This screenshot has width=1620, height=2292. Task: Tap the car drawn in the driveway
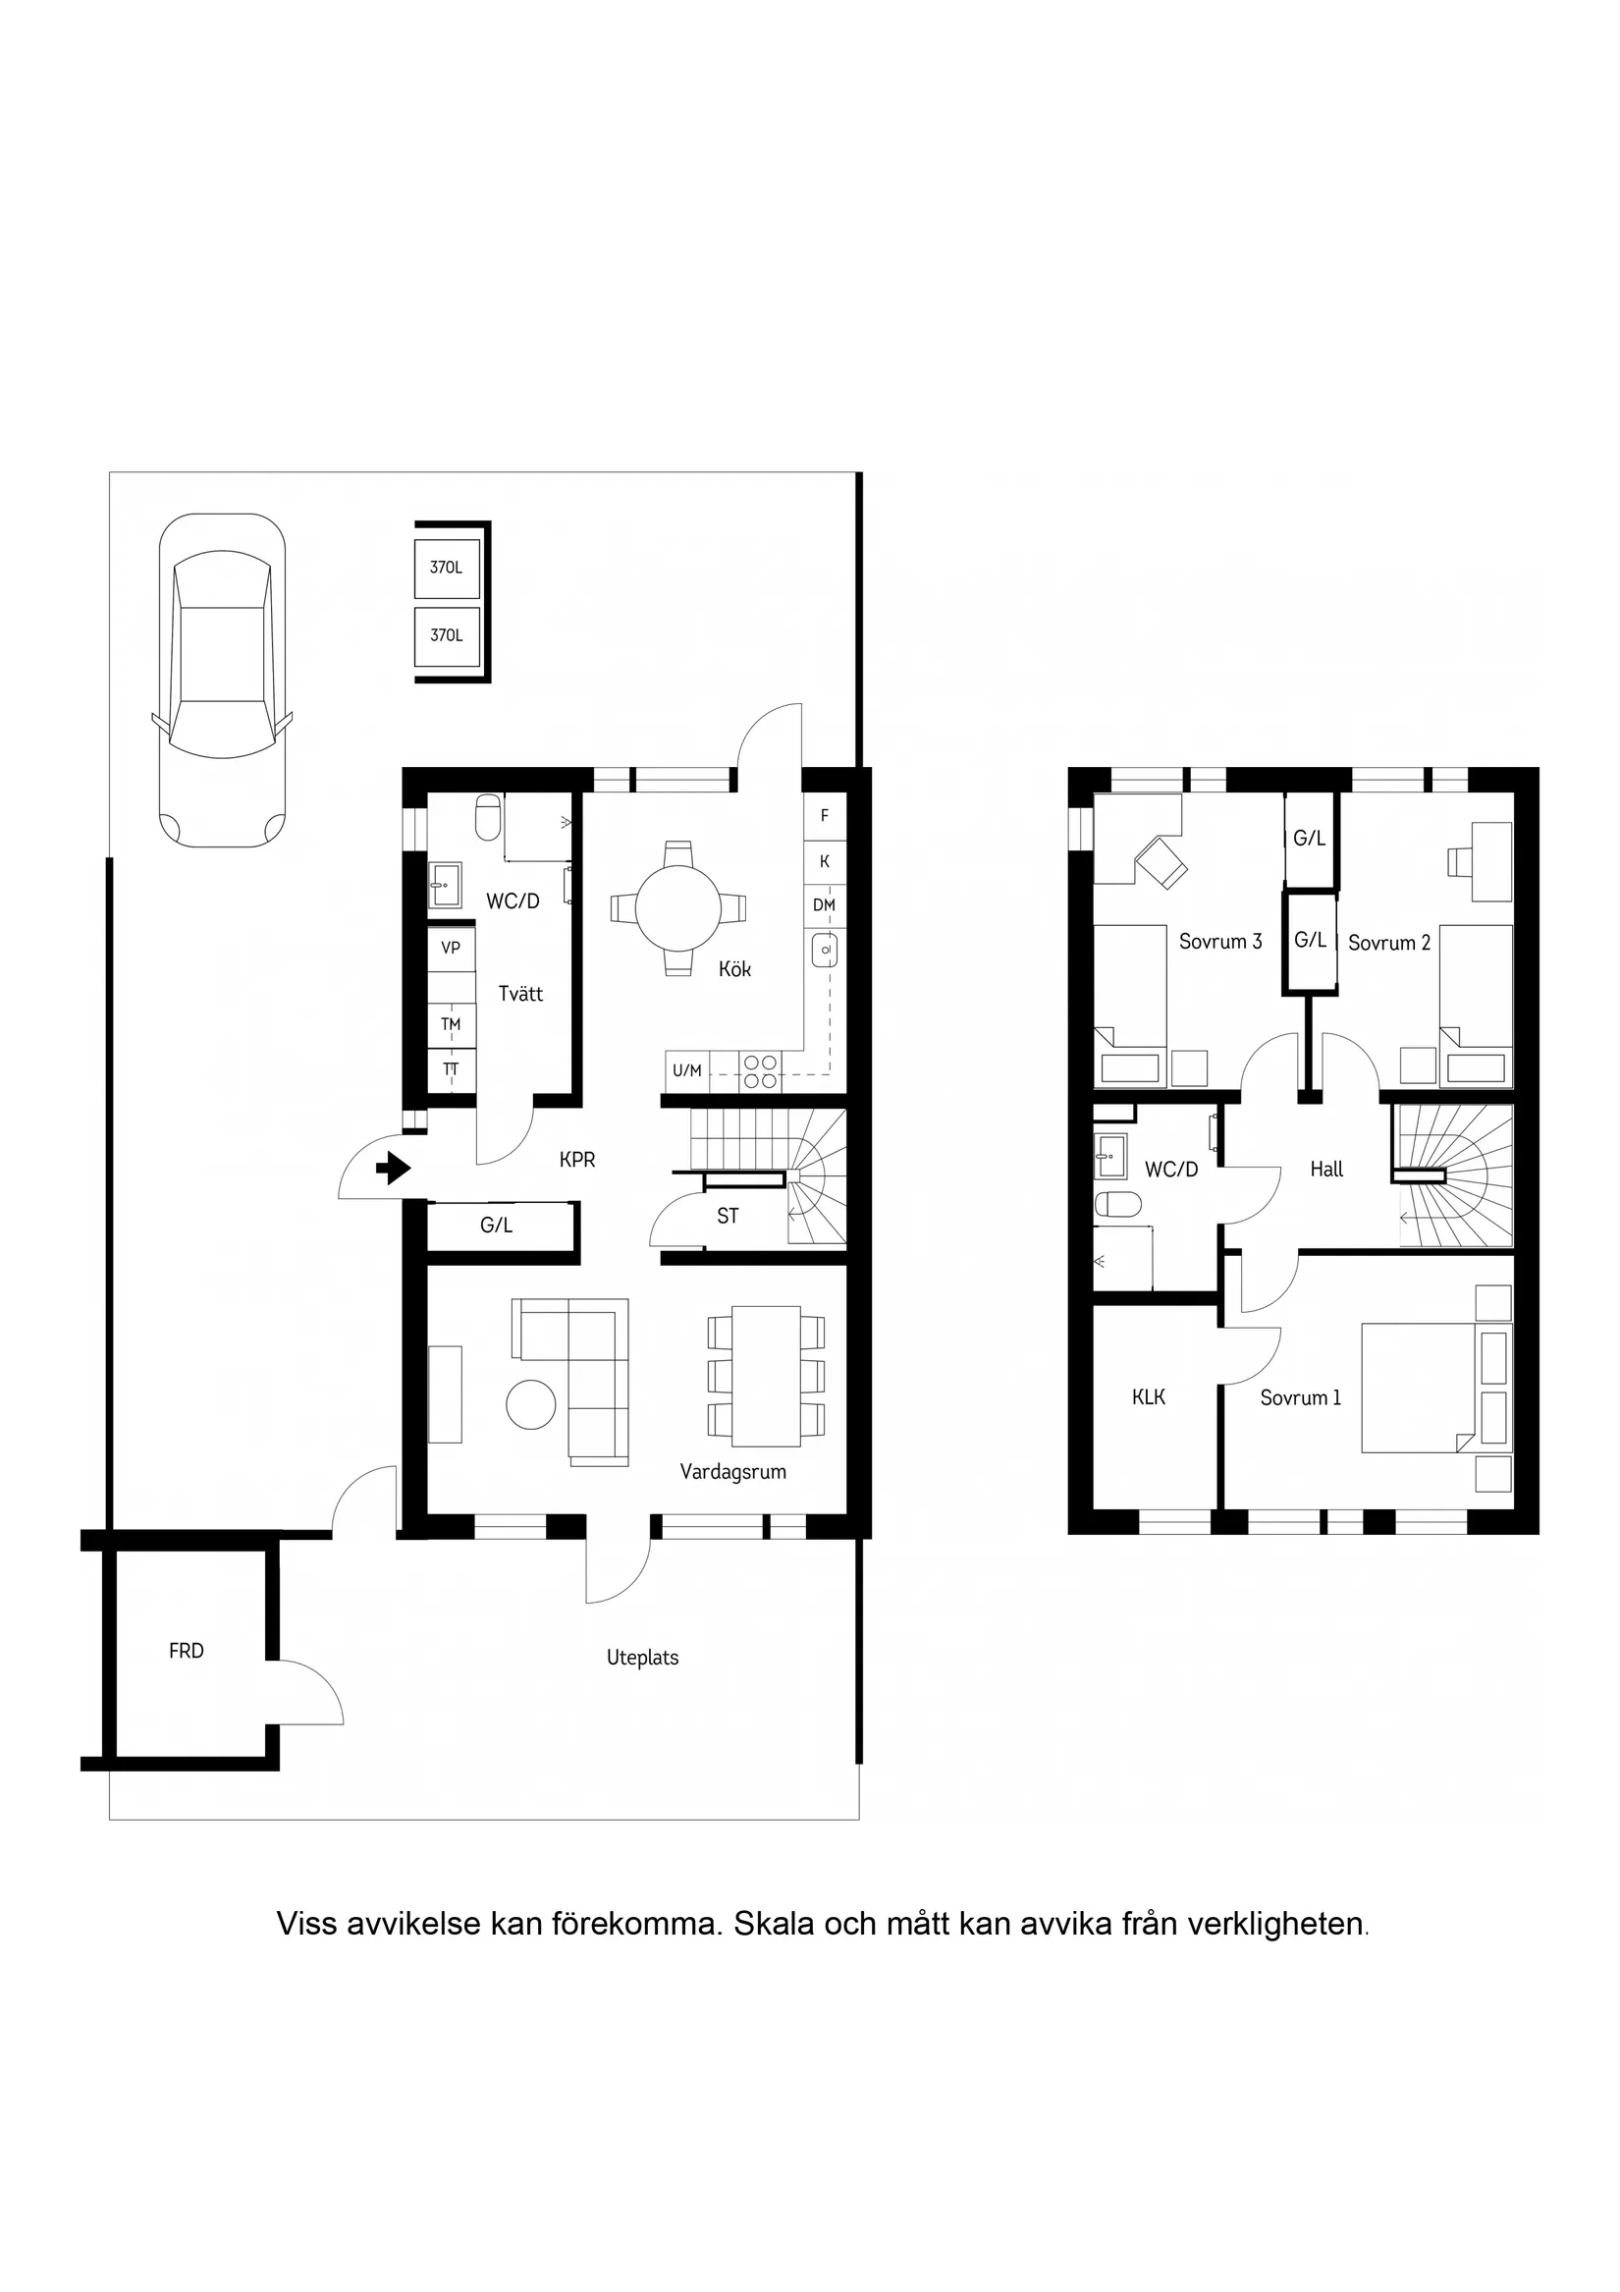tap(222, 681)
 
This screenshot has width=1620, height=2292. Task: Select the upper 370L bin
tap(446, 568)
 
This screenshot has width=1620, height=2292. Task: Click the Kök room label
tap(734, 969)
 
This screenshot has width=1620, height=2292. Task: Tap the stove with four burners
tap(760, 1071)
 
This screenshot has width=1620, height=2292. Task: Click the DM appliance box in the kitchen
tap(824, 905)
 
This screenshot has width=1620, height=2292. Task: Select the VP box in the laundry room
tap(452, 948)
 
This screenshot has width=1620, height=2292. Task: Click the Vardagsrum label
tap(732, 1471)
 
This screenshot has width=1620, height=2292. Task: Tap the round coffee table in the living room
tap(530, 1404)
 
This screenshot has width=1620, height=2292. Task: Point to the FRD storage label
tap(187, 1651)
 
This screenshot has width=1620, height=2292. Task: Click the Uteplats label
tap(643, 1657)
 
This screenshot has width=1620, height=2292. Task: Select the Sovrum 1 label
tap(1300, 1397)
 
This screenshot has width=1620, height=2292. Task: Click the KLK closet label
tap(1149, 1397)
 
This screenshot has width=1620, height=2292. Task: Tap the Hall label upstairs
tap(1326, 1169)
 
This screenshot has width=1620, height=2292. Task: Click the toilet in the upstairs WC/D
tap(1117, 1205)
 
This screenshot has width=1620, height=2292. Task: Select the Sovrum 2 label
tap(1388, 943)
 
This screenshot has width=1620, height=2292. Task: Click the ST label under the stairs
tap(728, 1216)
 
